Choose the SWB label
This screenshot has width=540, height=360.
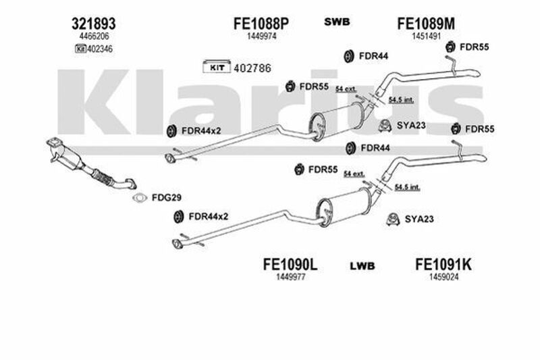pos(337,22)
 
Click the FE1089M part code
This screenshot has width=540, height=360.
pos(426,23)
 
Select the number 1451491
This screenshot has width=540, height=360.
pos(426,36)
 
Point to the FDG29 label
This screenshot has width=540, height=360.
pos(166,198)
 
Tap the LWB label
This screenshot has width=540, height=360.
pos(362,265)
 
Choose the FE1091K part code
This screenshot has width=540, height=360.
pos(443,264)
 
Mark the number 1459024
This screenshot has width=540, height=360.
pos(443,276)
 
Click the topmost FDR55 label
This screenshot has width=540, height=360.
pos(475,47)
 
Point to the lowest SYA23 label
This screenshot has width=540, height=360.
pos(418,218)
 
